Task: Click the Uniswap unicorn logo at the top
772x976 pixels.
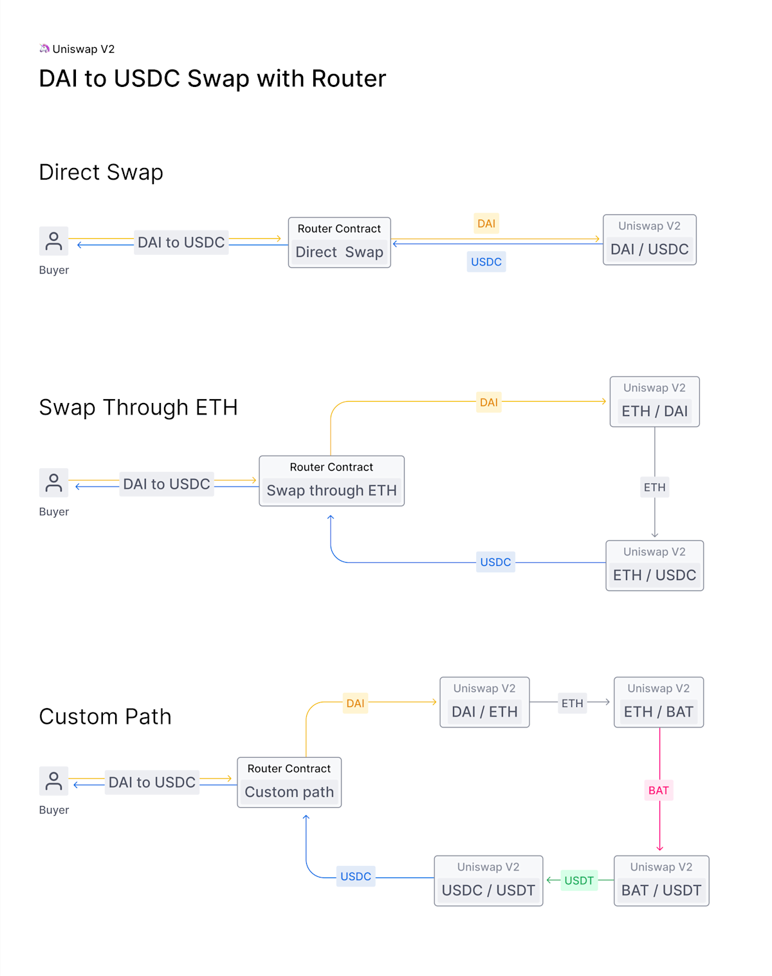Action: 44,49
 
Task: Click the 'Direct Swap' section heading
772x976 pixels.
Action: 101,173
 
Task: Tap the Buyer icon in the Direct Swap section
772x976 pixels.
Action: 54,241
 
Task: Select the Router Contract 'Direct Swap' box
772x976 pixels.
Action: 339,243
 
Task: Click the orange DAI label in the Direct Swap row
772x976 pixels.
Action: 486,223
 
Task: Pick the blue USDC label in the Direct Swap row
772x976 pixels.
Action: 486,262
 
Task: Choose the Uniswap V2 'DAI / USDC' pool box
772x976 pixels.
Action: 649,240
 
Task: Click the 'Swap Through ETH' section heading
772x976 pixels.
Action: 138,408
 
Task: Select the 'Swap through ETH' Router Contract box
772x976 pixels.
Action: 331,481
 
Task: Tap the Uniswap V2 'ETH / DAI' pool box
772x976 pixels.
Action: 654,402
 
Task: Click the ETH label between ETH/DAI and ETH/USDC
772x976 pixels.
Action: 654,487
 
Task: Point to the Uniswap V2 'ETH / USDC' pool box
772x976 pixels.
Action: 654,566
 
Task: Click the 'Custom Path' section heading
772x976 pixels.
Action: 106,717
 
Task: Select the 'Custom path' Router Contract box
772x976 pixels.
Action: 289,782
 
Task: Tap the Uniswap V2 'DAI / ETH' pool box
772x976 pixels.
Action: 484,702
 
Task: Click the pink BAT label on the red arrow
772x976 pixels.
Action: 659,791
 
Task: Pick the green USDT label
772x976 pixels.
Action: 579,881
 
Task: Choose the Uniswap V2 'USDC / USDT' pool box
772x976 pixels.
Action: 488,881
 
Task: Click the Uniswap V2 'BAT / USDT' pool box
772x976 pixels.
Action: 661,881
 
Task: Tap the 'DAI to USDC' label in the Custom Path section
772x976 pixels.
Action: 152,782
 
